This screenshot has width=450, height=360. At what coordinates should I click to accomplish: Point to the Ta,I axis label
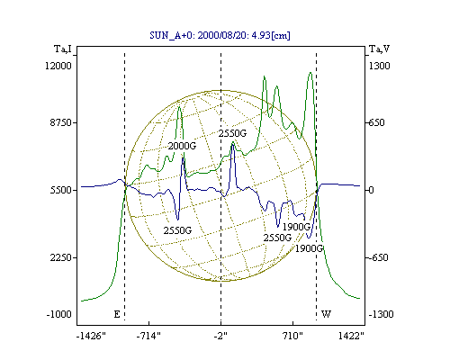pyautogui.click(x=63, y=49)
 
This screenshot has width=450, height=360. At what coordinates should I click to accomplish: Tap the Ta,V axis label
pyautogui.click(x=379, y=49)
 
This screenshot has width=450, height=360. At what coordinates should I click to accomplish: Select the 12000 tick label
pyautogui.click(x=58, y=66)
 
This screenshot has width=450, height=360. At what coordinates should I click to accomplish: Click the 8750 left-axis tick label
pyautogui.click(x=60, y=122)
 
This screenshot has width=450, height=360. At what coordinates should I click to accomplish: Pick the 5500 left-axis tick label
pyautogui.click(x=60, y=190)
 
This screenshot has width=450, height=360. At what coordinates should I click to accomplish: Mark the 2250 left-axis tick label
pyautogui.click(x=60, y=257)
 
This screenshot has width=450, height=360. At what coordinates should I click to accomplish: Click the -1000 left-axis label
pyautogui.click(x=58, y=314)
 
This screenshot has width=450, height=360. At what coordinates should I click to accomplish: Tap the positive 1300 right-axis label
pyautogui.click(x=379, y=66)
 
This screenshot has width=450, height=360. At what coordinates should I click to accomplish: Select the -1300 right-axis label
pyautogui.click(x=381, y=314)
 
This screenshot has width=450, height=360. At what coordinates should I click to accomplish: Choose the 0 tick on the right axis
pyautogui.click(x=371, y=190)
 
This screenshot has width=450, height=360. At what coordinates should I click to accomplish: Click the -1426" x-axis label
pyautogui.click(x=91, y=336)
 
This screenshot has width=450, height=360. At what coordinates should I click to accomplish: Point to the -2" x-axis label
pyautogui.click(x=220, y=336)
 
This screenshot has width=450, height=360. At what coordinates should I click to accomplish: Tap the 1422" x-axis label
pyautogui.click(x=351, y=336)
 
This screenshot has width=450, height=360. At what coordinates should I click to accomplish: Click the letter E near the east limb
pyautogui.click(x=117, y=314)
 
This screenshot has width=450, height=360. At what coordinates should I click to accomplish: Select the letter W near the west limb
pyautogui.click(x=326, y=314)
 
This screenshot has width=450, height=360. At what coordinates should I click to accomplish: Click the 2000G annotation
pyautogui.click(x=182, y=146)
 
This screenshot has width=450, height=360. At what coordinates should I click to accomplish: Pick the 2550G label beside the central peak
pyautogui.click(x=232, y=133)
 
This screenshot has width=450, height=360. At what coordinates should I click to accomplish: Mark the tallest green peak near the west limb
pyautogui.click(x=310, y=72)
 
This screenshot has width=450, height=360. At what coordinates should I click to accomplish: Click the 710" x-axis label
pyautogui.click(x=292, y=336)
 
